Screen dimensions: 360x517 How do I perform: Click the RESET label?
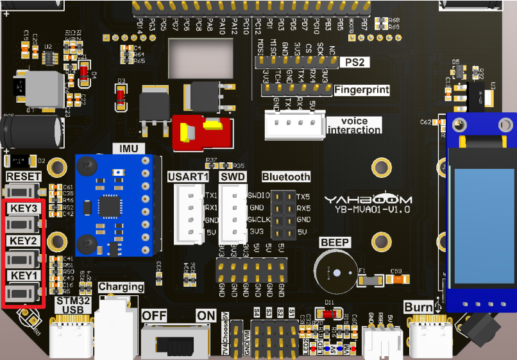tap(24, 176)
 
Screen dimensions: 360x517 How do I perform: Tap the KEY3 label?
tap(24, 209)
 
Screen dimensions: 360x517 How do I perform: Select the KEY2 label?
tap(24, 241)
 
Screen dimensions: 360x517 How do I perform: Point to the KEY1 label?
tap(24, 275)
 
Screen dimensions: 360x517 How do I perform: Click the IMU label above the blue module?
tap(129, 149)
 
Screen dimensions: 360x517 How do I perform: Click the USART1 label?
tap(188, 176)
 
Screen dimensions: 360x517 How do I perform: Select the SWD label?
tap(232, 176)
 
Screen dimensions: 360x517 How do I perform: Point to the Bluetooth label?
tap(286, 176)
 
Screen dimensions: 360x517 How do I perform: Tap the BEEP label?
tap(335, 242)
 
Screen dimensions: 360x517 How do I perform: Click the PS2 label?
tap(354, 62)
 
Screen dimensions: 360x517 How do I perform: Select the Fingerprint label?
tap(362, 90)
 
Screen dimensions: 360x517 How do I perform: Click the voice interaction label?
tap(353, 125)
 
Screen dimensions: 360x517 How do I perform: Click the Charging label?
tap(121, 287)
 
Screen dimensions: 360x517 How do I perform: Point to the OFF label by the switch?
tap(154, 315)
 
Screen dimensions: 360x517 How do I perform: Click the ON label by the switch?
tap(207, 315)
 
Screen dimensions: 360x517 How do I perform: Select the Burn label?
tap(418, 307)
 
